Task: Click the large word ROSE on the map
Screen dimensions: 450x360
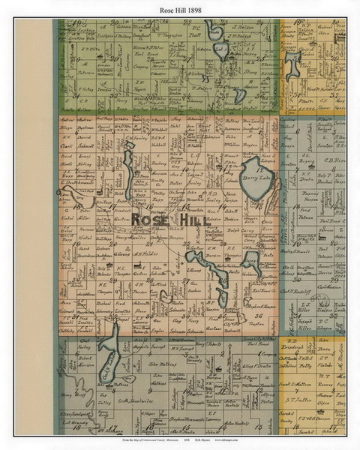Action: point(149,219)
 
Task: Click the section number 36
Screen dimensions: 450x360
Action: point(256,316)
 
